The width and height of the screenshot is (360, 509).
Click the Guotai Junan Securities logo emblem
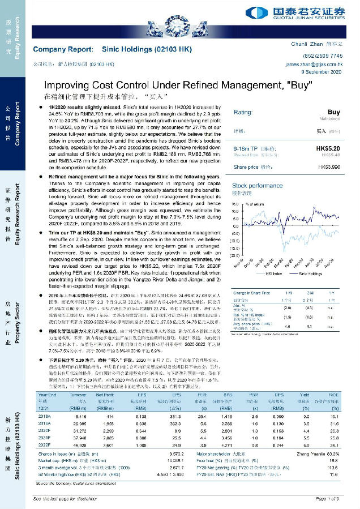[252, 12]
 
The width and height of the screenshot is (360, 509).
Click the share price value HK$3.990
[329, 168]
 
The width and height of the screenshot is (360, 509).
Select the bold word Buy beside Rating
[333, 113]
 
